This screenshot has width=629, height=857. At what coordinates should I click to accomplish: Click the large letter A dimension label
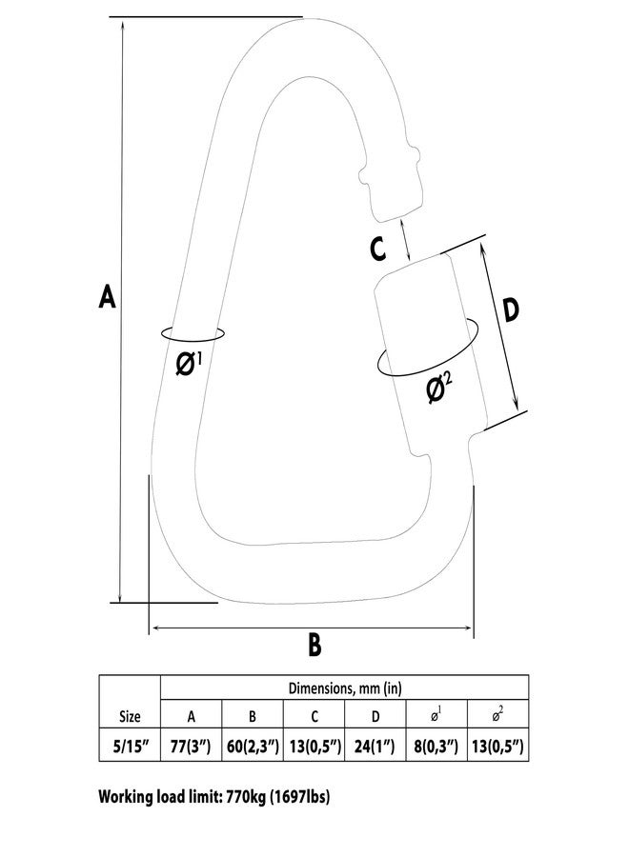click(107, 296)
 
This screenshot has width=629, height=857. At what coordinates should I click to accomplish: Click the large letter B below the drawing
click(314, 645)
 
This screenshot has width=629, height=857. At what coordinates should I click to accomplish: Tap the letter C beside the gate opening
click(377, 249)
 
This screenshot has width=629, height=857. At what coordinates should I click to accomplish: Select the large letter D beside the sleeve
click(510, 309)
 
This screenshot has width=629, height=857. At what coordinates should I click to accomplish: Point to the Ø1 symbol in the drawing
click(189, 364)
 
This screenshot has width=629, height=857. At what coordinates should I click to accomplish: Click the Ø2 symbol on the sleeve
click(439, 388)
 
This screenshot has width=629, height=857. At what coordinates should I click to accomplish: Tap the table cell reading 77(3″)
click(191, 746)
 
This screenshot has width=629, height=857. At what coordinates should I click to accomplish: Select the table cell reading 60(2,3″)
click(253, 746)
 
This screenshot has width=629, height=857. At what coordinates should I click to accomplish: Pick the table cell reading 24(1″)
click(375, 746)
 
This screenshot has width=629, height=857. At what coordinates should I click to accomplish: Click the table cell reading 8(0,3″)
click(436, 746)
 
